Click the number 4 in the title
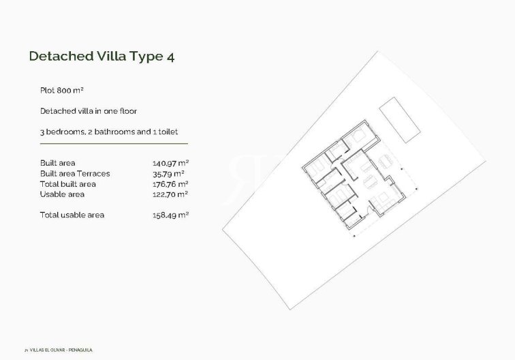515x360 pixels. point(170,57)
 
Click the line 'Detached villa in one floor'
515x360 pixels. point(89,110)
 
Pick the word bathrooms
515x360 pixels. point(113,131)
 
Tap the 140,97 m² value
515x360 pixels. point(170,163)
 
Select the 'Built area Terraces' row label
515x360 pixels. point(75,173)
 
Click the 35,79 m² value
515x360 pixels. point(170,173)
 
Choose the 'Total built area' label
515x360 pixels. point(68,184)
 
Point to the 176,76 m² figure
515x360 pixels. point(170,184)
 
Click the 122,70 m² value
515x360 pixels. point(170,194)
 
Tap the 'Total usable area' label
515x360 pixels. point(72,215)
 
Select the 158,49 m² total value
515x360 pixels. point(170,215)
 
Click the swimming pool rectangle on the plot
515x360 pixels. point(399,120)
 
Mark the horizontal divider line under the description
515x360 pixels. point(114,143)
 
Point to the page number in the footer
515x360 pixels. point(25,350)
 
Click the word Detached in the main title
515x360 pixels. point(57,56)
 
